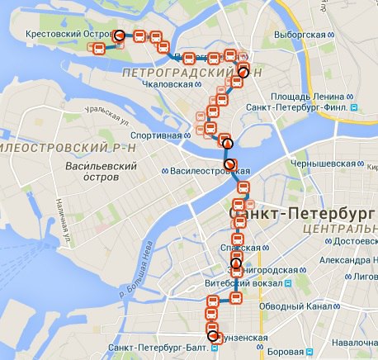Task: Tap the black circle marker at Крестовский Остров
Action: tap(120, 36)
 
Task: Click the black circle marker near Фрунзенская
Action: tap(214, 336)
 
